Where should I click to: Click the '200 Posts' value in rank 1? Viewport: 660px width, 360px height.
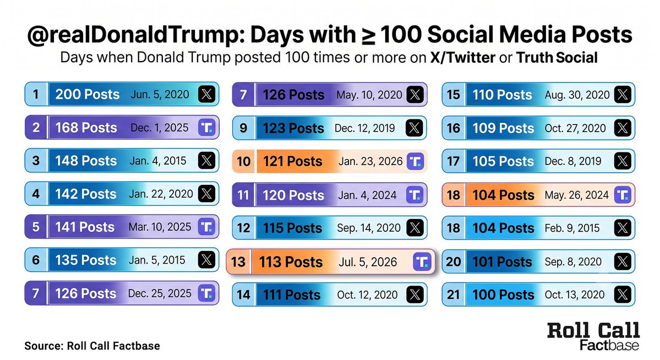[x=88, y=94]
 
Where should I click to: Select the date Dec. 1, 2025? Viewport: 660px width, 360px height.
[x=160, y=128]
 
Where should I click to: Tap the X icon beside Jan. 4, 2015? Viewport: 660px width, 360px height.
[x=206, y=160]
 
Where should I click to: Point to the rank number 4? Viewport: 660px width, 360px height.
[x=36, y=194]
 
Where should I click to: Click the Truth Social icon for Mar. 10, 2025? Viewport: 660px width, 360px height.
[x=206, y=227]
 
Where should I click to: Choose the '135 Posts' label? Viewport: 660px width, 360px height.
[x=86, y=260]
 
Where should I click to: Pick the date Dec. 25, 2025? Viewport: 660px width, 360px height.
[x=160, y=293]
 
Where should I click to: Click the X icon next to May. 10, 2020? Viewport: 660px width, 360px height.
[x=415, y=95]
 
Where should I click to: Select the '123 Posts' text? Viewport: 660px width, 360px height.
[x=293, y=128]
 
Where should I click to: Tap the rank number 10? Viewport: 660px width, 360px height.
[x=244, y=161]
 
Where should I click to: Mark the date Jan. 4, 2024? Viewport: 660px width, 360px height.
[x=367, y=195]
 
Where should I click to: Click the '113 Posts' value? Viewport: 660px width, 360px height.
[x=291, y=262]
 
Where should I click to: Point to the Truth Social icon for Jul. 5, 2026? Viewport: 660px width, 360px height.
[x=421, y=261]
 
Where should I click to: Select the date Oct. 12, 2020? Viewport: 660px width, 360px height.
[x=367, y=294]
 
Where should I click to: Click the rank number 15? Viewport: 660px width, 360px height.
[x=454, y=95]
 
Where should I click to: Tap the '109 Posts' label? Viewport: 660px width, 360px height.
[x=503, y=128]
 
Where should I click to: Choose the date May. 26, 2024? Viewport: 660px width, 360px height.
[x=577, y=195]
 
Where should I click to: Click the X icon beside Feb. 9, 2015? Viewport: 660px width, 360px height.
[x=623, y=228]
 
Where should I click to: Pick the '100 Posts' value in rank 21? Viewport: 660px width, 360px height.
[x=503, y=294]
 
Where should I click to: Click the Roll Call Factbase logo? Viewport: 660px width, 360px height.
[x=593, y=336]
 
